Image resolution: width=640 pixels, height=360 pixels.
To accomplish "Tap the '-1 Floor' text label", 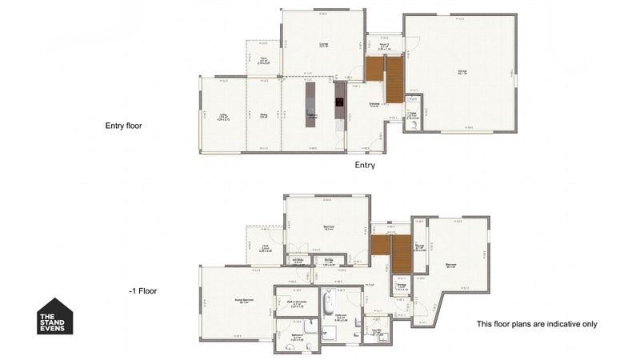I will [x=143, y=291].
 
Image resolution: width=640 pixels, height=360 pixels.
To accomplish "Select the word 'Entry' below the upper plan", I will [x=365, y=165].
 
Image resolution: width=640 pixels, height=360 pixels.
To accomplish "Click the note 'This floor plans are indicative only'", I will [x=536, y=324].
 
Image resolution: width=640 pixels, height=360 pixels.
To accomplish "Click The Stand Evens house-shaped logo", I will [x=56, y=317].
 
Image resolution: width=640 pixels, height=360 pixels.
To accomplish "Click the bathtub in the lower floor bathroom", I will [x=328, y=304].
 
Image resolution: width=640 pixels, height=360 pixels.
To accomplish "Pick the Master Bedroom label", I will [x=238, y=302].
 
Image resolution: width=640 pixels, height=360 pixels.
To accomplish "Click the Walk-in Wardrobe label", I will [x=296, y=304].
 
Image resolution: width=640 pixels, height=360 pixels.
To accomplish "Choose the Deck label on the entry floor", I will [x=264, y=59].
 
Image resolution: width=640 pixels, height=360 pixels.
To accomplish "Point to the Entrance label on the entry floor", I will [x=374, y=104].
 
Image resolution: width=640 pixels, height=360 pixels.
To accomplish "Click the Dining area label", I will [x=264, y=114].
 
